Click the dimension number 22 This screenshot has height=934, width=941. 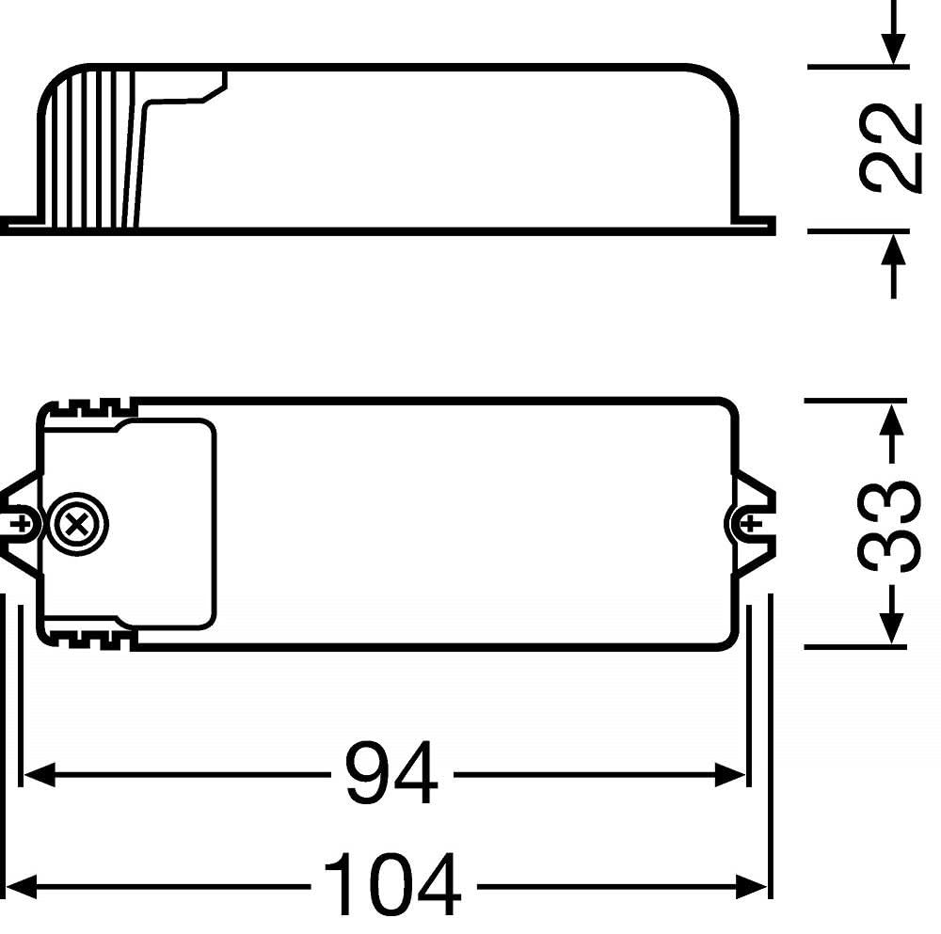tap(890, 148)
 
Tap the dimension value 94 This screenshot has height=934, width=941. tap(392, 774)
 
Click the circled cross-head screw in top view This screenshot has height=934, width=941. tap(77, 525)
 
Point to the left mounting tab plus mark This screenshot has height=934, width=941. tap(23, 524)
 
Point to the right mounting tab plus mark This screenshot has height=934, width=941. tap(750, 524)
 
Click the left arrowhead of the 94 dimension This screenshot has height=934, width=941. tap(39, 774)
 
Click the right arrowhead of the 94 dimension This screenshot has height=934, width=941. tap(730, 774)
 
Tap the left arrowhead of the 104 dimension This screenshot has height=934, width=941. tap(21, 886)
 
